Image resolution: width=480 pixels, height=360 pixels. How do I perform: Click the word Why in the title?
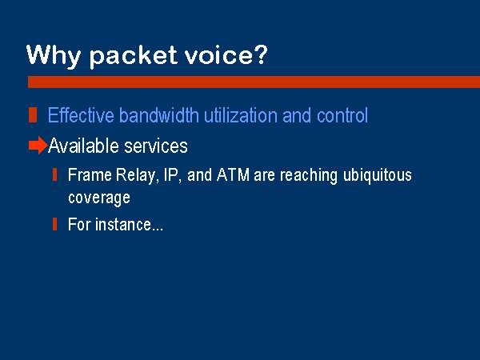54,56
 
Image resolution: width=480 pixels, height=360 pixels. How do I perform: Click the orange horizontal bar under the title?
254,82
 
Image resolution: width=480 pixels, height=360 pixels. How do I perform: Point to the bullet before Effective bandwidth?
33,115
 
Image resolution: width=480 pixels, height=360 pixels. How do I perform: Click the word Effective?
81,115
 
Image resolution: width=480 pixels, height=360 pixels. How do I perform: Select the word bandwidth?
159,115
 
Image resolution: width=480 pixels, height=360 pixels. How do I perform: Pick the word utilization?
241,115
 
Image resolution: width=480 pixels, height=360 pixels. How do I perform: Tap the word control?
342,115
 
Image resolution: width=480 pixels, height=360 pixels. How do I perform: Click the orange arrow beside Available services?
38,145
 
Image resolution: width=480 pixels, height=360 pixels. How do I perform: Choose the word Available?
83,146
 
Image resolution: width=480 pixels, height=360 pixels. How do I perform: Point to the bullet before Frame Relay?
54,174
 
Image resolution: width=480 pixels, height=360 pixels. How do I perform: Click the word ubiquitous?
377,176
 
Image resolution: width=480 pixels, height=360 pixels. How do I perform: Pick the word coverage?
99,198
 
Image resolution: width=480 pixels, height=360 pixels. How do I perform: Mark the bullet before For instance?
54,224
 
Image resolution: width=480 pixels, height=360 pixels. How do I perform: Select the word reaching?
309,176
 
